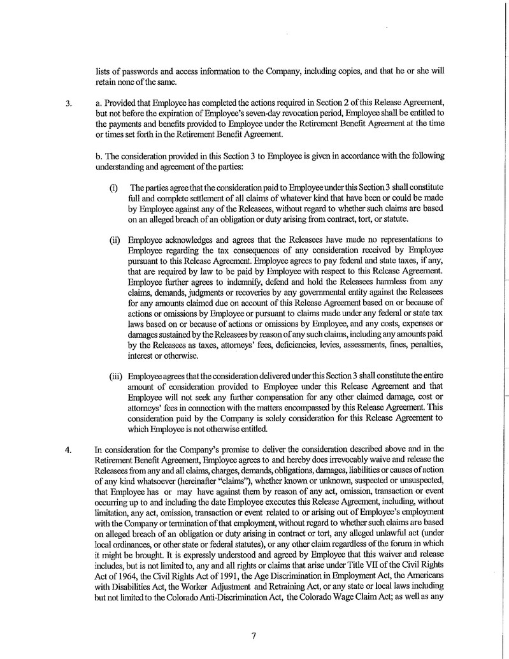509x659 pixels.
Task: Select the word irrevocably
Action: point(329,458)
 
